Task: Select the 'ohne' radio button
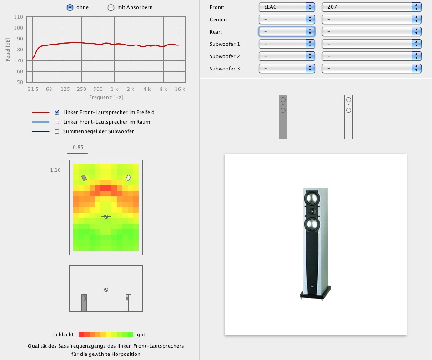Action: [x=70, y=7]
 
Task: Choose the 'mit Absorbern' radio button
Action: [x=111, y=7]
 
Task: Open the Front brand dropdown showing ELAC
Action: [x=287, y=7]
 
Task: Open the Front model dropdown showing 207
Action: [x=372, y=7]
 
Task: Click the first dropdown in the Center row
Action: [x=287, y=19]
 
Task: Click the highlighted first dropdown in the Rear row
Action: [x=287, y=32]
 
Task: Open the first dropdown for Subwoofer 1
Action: [x=287, y=44]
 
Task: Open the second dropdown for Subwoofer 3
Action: [x=372, y=68]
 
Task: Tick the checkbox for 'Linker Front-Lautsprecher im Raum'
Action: [x=57, y=122]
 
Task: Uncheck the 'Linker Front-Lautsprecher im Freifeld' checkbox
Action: [x=57, y=112]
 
